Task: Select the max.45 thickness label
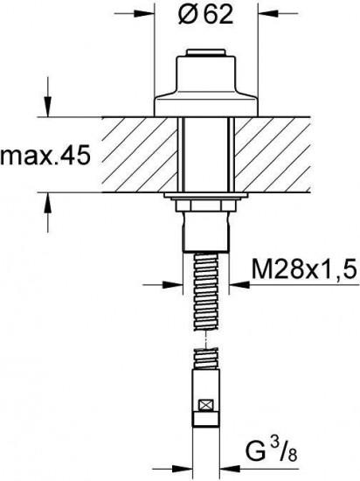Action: pyautogui.click(x=45, y=156)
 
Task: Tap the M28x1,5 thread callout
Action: pyautogui.click(x=305, y=269)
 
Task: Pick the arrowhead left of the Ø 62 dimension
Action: pyautogui.click(x=143, y=13)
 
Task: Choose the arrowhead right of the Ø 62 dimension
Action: pyautogui.click(x=267, y=13)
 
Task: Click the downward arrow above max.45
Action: pyautogui.click(x=47, y=107)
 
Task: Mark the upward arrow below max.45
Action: pyautogui.click(x=47, y=203)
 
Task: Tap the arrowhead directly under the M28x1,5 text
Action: pyautogui.click(x=239, y=285)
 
